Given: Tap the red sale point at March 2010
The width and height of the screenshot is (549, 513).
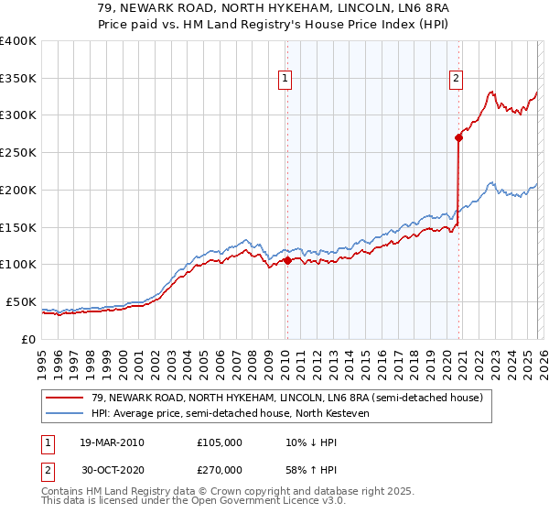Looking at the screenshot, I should (x=286, y=260).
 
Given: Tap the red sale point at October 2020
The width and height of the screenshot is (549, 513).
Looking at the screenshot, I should (x=458, y=137).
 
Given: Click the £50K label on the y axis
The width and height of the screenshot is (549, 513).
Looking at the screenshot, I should (x=20, y=301).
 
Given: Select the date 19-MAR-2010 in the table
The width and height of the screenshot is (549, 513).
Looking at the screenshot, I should (x=112, y=443).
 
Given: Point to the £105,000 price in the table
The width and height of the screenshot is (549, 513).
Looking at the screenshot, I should (x=220, y=443).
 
